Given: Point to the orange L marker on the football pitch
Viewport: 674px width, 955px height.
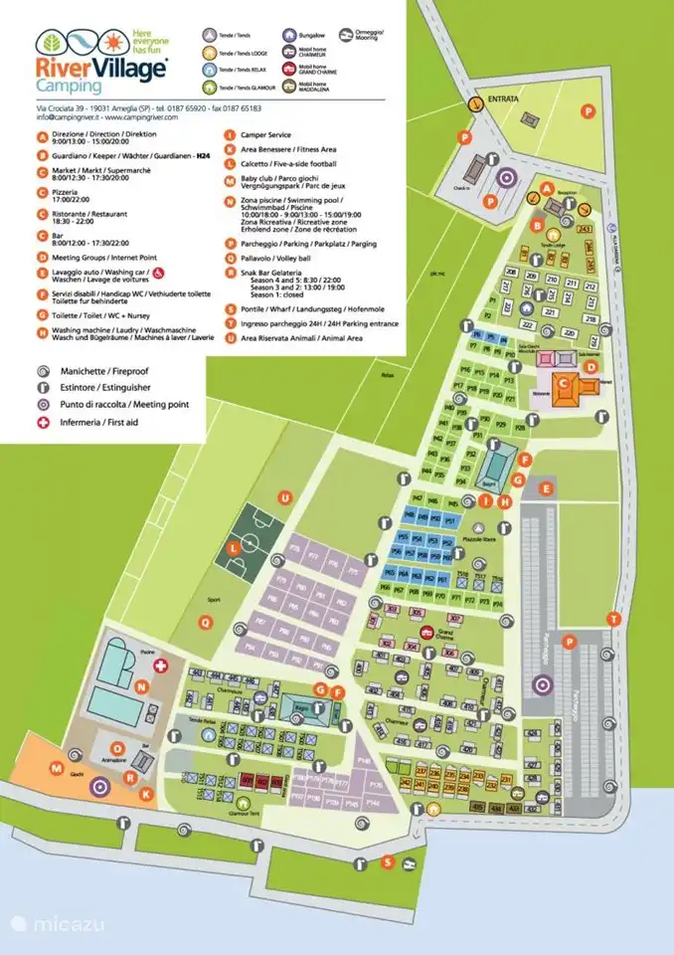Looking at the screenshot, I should [234, 547].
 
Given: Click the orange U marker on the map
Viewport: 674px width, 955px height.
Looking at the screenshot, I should [284, 497].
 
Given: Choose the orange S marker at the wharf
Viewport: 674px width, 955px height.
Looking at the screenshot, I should [388, 861].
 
